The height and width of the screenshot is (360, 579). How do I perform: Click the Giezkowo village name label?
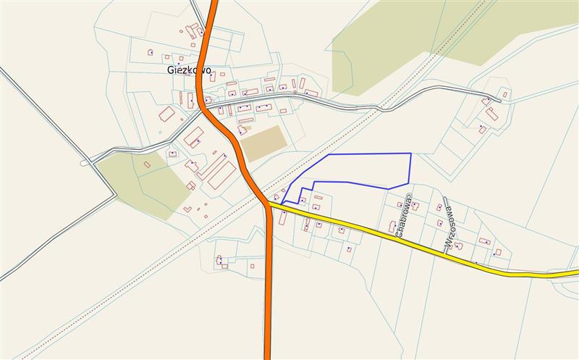(x=189, y=70)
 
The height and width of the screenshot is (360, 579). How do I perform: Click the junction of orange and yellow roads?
(x=267, y=205)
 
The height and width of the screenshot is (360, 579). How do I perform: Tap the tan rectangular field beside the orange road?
(x=263, y=143)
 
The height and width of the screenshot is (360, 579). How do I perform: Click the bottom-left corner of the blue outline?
(x=282, y=203)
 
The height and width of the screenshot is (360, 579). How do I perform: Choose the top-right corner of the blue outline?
(x=411, y=154)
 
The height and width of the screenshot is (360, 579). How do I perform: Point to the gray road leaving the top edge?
(x=196, y=9)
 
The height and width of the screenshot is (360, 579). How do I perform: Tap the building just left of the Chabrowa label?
(x=392, y=226)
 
